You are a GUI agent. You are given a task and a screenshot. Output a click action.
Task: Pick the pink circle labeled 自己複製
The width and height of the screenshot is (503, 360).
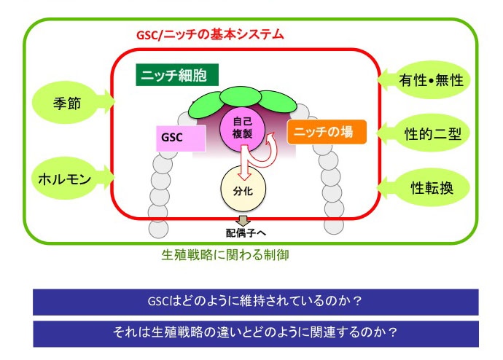pyautogui.click(x=242, y=131)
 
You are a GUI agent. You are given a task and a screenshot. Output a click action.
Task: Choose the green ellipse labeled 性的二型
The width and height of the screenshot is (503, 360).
pyautogui.click(x=432, y=133)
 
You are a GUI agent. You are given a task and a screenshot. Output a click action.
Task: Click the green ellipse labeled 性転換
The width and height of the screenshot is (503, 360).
pyautogui.click(x=432, y=187)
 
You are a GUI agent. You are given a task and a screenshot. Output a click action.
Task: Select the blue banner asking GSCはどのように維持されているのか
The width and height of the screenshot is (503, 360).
pyautogui.click(x=255, y=302)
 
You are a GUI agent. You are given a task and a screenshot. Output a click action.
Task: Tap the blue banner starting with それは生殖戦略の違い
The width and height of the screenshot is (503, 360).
pyautogui.click(x=255, y=333)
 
